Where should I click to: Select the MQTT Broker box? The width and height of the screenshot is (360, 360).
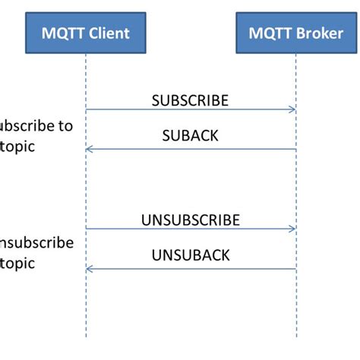click(295, 33)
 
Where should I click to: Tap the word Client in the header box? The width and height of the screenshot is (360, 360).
click(106, 33)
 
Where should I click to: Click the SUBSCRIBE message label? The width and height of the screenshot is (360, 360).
click(190, 99)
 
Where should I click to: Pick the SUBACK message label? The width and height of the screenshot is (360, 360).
click(190, 136)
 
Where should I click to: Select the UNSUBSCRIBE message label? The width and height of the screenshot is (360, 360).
click(190, 220)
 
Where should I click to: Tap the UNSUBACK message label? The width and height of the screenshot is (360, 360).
click(190, 256)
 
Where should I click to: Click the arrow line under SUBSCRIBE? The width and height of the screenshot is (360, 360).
click(190, 110)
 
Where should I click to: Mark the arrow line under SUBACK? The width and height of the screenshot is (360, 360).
click(190, 149)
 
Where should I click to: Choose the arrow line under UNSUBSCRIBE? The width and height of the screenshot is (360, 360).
click(190, 229)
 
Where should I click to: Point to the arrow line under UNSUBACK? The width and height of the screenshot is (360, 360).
click(190, 268)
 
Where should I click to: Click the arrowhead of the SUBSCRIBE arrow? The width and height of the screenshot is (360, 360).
click(292, 110)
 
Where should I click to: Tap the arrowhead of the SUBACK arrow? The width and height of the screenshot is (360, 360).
click(89, 149)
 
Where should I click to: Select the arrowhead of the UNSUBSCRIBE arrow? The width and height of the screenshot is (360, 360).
click(292, 229)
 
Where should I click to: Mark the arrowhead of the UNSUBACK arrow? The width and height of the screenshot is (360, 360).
click(89, 268)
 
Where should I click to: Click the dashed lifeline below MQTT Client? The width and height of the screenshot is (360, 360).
click(86, 311)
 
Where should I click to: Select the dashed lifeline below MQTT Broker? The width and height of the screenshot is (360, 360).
click(296, 311)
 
